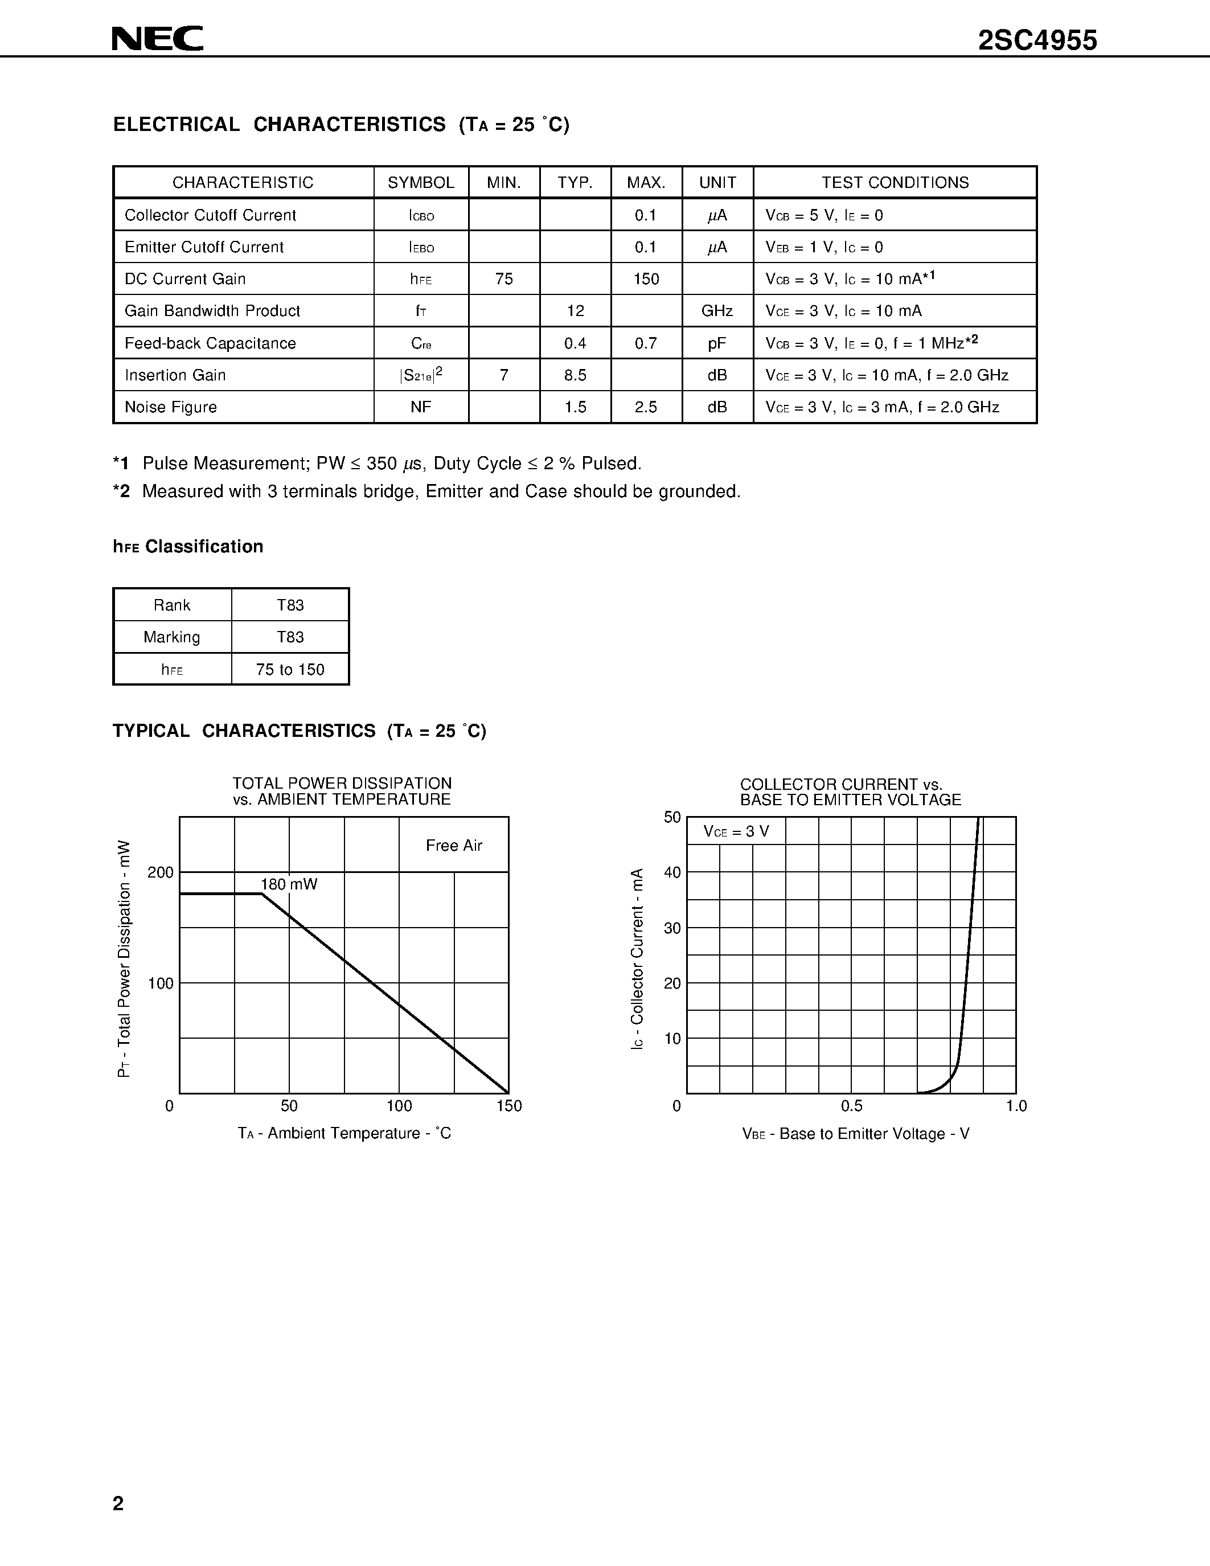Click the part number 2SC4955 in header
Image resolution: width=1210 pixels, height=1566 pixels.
(x=1037, y=40)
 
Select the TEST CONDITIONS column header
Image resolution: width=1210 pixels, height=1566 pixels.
(x=895, y=183)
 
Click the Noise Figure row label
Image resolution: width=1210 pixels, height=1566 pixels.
(x=171, y=407)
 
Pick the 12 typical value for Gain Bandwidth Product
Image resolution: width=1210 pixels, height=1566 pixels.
(x=575, y=311)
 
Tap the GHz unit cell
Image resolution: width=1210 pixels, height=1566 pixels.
(x=717, y=311)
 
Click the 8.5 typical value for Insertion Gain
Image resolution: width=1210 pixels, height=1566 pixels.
(x=575, y=375)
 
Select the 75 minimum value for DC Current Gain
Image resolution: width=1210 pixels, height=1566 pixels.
(x=504, y=279)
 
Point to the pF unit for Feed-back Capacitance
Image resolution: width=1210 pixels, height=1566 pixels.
(x=717, y=343)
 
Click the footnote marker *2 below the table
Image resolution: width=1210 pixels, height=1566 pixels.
(x=122, y=492)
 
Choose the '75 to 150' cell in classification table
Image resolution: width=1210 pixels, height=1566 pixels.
(x=290, y=670)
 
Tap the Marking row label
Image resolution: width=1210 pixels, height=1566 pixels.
(x=172, y=637)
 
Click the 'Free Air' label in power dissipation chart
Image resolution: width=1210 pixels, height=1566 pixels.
(x=454, y=846)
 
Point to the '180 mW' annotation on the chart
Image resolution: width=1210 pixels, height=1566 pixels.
(x=288, y=884)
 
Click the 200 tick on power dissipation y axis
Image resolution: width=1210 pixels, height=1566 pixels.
(x=161, y=872)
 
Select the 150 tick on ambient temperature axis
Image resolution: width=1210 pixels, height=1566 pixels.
(x=509, y=1106)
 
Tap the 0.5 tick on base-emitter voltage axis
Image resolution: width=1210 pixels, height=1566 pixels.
(x=852, y=1106)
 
